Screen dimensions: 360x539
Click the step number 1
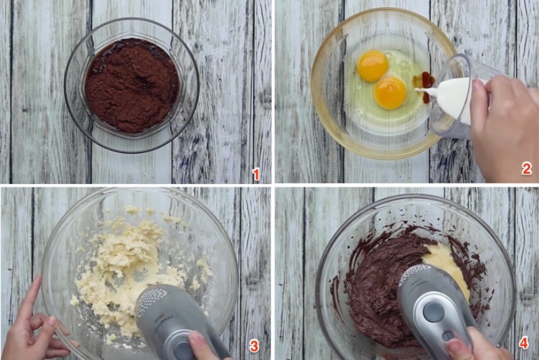tap(256, 175)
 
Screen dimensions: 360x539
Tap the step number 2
tap(527, 169)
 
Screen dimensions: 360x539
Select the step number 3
tap(254, 346)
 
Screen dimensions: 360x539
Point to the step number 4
tap(524, 342)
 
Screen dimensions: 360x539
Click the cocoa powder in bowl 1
tap(131, 85)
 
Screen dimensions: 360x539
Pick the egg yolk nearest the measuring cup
tap(391, 92)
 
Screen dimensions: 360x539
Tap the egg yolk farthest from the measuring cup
tap(373, 66)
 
